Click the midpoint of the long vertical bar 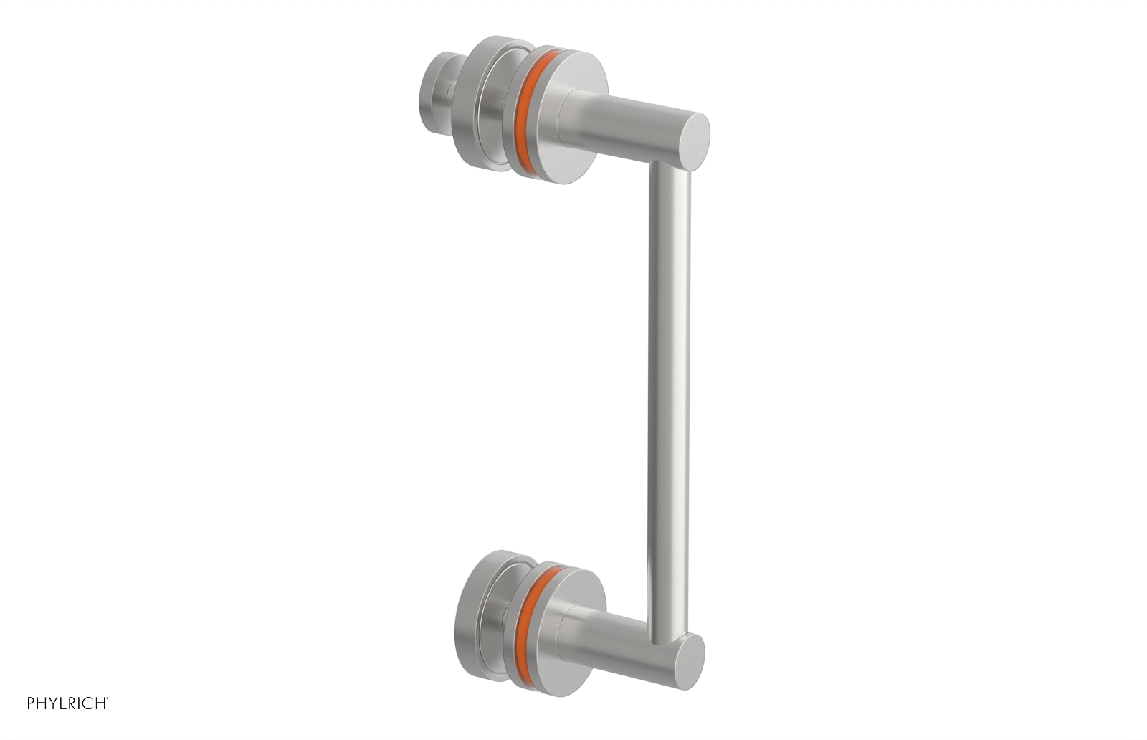pyautogui.click(x=670, y=402)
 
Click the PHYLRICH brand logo pyautogui.click(x=67, y=703)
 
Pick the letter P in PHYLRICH pyautogui.click(x=32, y=703)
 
